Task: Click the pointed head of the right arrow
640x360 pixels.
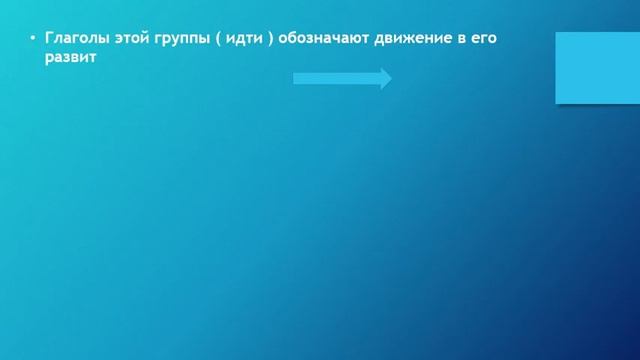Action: [385, 79]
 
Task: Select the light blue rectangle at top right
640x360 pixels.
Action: [597, 67]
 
